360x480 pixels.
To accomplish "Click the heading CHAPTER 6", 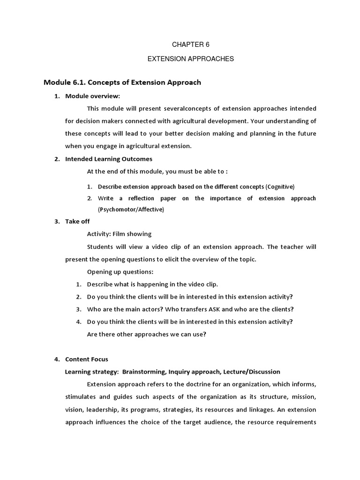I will [191, 45].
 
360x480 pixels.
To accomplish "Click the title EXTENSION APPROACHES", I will [191, 59].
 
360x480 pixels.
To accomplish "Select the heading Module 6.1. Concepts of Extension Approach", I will [122, 82].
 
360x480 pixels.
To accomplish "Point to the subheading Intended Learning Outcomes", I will [109, 159].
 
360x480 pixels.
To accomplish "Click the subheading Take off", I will [77, 221].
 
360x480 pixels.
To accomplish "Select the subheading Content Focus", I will [87, 359].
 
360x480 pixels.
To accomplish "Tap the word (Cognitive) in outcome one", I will [280, 186].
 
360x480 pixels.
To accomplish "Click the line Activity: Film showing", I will [119, 234].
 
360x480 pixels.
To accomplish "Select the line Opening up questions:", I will [120, 271].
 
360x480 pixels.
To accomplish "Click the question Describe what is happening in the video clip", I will [152, 284].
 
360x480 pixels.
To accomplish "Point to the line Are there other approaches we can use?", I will [147, 334].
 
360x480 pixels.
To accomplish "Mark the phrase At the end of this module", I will [124, 172].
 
